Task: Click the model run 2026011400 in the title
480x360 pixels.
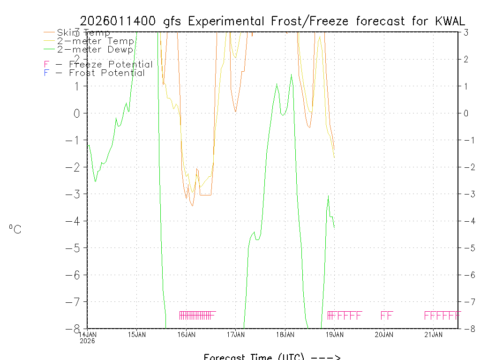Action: point(119,21)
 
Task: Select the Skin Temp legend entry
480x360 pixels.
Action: point(83,33)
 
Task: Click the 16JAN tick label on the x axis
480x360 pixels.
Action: point(186,334)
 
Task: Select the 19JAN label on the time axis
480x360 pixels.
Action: point(334,334)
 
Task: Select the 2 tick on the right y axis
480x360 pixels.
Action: point(466,59)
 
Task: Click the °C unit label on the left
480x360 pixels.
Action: point(15,229)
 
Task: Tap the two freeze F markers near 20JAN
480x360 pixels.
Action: point(387,315)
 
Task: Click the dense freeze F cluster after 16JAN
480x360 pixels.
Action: point(197,315)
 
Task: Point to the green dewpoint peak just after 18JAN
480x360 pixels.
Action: point(292,75)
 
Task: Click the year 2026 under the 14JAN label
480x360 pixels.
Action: point(87,341)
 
